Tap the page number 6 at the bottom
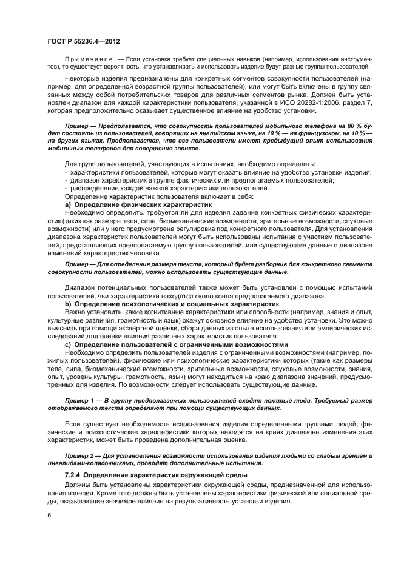click(50, 516)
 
